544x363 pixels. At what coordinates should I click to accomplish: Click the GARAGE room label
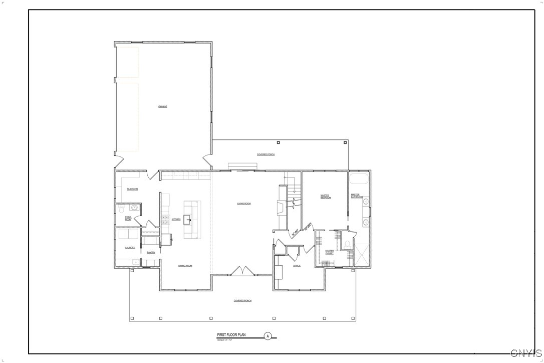tap(162, 106)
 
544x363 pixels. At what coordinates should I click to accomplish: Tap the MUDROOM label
tap(132, 189)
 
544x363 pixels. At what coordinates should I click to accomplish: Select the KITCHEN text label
tap(176, 219)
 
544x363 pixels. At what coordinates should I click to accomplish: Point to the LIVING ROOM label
tap(244, 204)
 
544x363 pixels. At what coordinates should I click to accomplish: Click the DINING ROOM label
tap(185, 265)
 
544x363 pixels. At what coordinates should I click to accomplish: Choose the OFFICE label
tap(297, 266)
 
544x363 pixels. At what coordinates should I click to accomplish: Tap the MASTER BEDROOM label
tap(326, 197)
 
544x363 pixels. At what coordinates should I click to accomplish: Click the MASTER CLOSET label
tap(329, 252)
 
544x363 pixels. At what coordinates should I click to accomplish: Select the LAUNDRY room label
tap(130, 248)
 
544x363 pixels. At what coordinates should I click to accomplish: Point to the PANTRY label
tap(151, 252)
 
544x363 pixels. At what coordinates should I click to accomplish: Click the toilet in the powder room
tap(122, 209)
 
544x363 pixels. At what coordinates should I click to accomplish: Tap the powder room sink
tap(134, 207)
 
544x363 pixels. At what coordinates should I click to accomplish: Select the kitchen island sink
tap(187, 219)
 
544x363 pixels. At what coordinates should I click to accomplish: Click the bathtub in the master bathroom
tap(359, 179)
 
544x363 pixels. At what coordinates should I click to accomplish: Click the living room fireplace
tap(282, 207)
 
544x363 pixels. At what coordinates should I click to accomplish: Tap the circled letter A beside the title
tap(267, 336)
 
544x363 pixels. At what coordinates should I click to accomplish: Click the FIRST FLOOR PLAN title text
tap(231, 335)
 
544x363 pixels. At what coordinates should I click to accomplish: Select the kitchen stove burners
tap(165, 219)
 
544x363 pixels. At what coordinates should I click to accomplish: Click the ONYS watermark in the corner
tap(525, 353)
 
